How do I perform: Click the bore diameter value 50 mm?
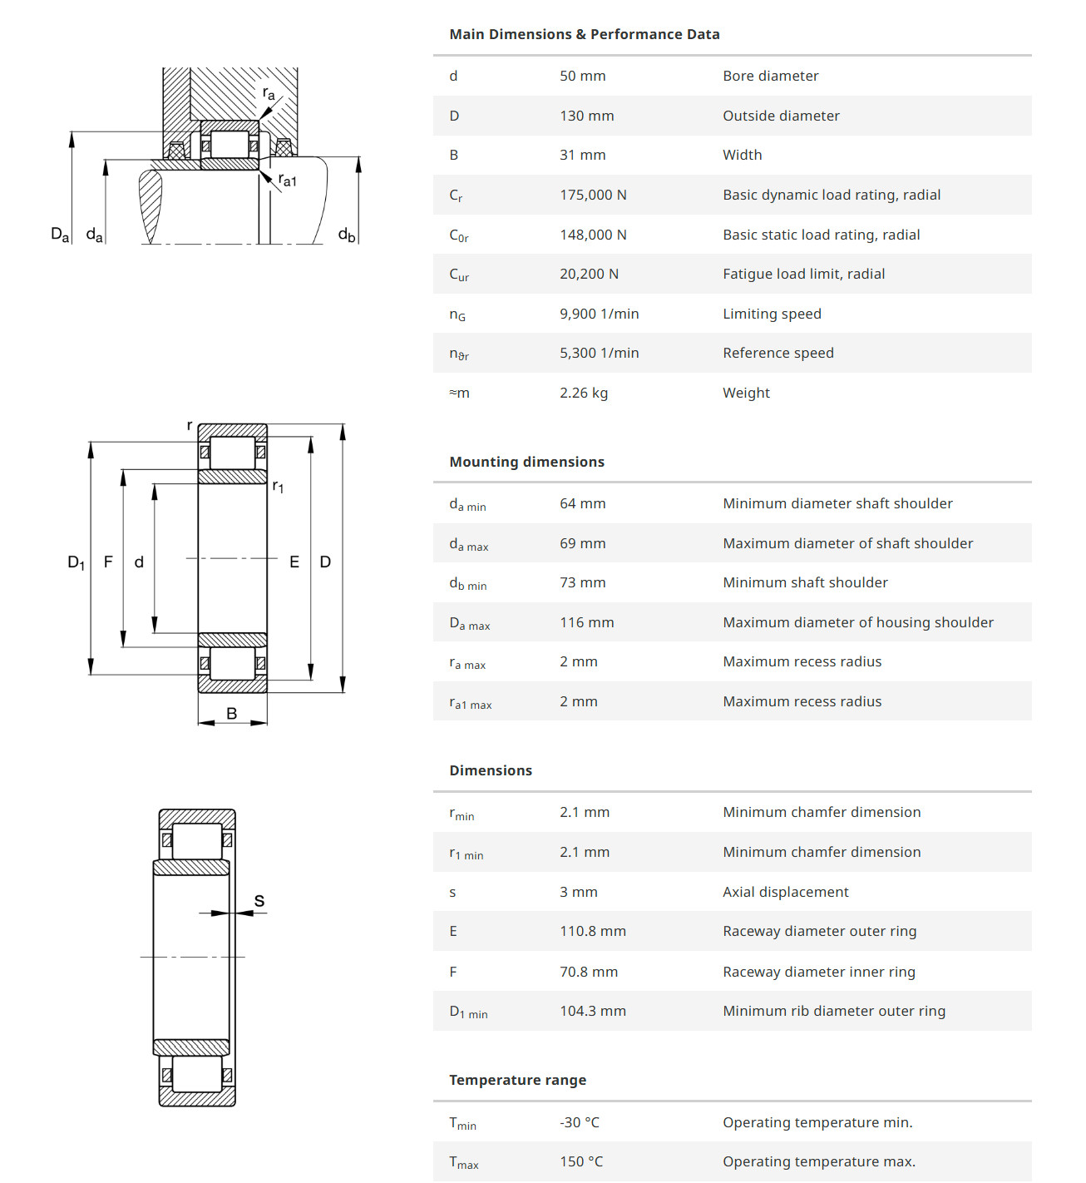pyautogui.click(x=582, y=76)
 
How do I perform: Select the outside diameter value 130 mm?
pyautogui.click(x=586, y=116)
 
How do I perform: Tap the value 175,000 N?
pyautogui.click(x=593, y=195)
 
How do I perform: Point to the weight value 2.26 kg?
pyautogui.click(x=583, y=393)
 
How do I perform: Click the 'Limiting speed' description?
pyautogui.click(x=772, y=314)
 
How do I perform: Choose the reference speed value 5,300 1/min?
pyautogui.click(x=599, y=353)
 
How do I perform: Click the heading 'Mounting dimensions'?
pyautogui.click(x=526, y=462)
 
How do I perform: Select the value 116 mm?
pyautogui.click(x=586, y=622)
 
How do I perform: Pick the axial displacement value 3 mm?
pyautogui.click(x=578, y=892)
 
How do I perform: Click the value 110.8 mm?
pyautogui.click(x=592, y=931)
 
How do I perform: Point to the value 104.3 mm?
pyautogui.click(x=592, y=1011)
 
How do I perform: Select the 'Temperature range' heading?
pyautogui.click(x=517, y=1080)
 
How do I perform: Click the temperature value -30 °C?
pyautogui.click(x=579, y=1122)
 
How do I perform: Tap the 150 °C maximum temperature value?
pyautogui.click(x=580, y=1161)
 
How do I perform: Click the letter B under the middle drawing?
pyautogui.click(x=232, y=713)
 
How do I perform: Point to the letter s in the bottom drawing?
pyautogui.click(x=259, y=900)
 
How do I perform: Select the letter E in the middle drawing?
pyautogui.click(x=294, y=562)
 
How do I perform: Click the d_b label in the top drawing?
pyautogui.click(x=346, y=235)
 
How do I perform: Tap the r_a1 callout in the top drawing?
pyautogui.click(x=287, y=180)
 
